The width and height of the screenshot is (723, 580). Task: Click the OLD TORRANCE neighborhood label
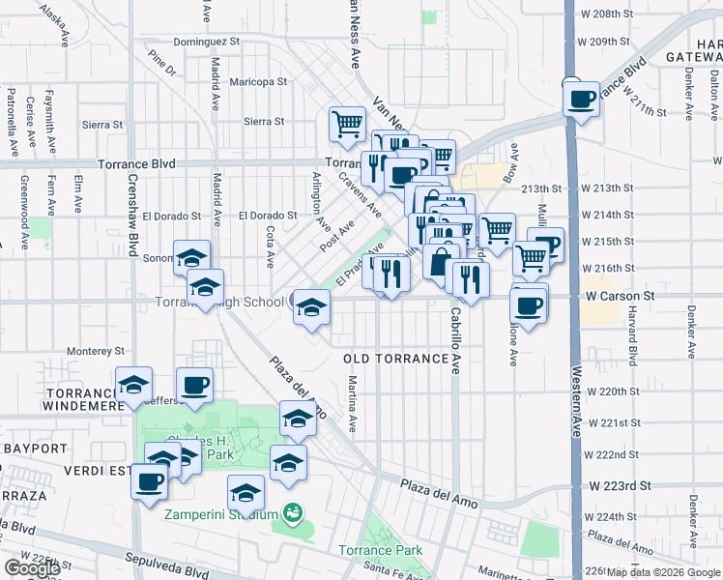[x=396, y=359]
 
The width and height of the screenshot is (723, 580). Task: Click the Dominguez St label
[x=206, y=43]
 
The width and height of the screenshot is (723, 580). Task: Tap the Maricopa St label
[x=260, y=82]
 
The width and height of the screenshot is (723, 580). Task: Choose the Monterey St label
[x=94, y=351]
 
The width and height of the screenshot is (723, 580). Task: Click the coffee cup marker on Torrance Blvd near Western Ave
[x=582, y=99]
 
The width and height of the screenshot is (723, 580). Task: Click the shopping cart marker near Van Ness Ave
[x=347, y=124]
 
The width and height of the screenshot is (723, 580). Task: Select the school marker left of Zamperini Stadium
[x=246, y=493]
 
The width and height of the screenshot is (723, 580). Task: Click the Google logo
[x=32, y=568]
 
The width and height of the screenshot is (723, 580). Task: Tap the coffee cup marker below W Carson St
[x=528, y=305]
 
